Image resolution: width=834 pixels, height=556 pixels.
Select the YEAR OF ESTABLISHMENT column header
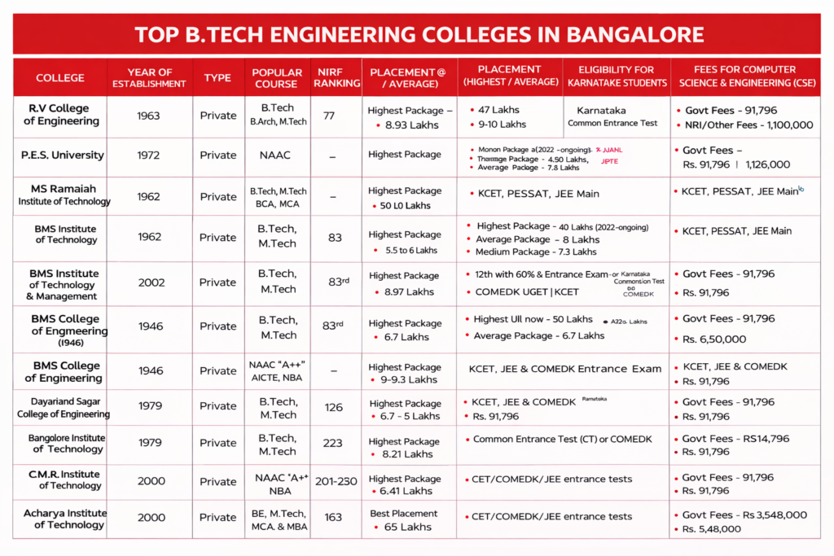(149, 77)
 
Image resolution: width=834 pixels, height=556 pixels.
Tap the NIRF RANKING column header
(336, 77)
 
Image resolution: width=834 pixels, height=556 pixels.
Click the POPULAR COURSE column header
(277, 77)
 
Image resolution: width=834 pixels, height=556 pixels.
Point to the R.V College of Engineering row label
(59, 115)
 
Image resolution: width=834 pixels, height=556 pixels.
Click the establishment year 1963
(149, 116)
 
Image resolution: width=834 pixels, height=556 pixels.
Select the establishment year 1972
(149, 155)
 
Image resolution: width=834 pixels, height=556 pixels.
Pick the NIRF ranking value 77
(329, 116)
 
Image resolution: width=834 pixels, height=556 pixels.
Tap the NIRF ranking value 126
(333, 407)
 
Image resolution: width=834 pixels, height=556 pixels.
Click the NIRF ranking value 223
(333, 443)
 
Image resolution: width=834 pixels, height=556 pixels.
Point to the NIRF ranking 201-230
(336, 481)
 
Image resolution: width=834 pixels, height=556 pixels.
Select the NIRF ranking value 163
(333, 517)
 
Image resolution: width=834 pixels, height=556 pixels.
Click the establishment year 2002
(151, 282)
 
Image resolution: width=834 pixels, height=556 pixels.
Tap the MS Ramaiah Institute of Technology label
(64, 195)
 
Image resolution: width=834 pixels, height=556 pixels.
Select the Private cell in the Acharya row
(217, 517)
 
